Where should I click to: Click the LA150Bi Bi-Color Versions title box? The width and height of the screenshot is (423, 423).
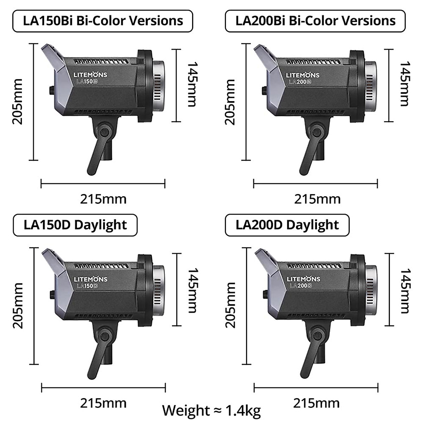(x=103, y=21)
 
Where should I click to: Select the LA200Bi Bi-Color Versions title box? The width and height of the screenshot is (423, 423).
(x=315, y=21)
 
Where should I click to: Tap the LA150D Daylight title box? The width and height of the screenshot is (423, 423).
(x=75, y=225)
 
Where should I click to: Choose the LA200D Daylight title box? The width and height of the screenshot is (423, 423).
(x=287, y=225)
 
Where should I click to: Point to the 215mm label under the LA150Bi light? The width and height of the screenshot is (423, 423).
(x=103, y=199)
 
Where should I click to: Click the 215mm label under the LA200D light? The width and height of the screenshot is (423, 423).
(x=316, y=403)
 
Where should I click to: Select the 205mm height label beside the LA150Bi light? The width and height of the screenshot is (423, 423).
(x=17, y=102)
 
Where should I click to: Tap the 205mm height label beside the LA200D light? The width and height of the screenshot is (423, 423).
(x=230, y=305)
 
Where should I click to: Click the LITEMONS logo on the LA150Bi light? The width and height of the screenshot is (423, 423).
(x=90, y=75)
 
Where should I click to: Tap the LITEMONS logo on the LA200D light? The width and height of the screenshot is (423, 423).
(x=303, y=279)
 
